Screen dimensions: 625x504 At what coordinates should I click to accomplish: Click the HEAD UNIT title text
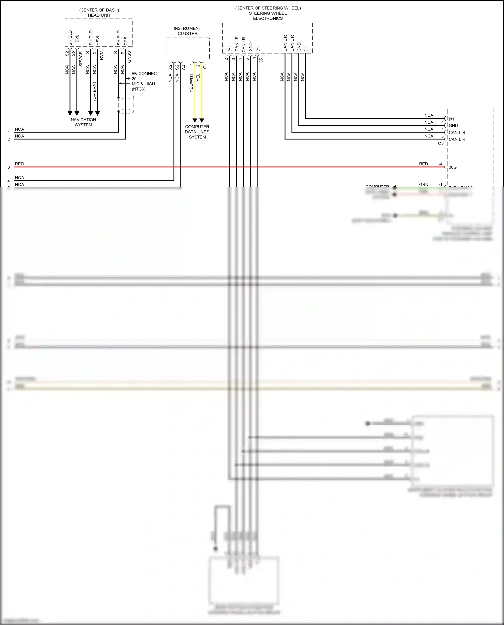tap(99, 15)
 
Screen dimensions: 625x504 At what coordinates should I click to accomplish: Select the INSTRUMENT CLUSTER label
tap(187, 31)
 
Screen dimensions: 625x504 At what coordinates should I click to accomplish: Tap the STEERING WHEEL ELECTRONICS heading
tap(268, 16)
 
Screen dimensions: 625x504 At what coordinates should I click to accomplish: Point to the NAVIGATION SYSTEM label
tap(83, 122)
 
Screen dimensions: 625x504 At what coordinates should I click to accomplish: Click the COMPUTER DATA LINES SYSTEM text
tap(197, 132)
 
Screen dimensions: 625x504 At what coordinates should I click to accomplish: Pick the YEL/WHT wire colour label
tap(191, 83)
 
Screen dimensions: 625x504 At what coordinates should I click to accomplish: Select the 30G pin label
tap(453, 167)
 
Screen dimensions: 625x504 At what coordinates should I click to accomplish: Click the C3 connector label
tap(441, 144)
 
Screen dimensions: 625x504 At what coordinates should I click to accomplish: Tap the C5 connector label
tap(261, 61)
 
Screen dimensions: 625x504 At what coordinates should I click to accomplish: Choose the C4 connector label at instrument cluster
tap(184, 68)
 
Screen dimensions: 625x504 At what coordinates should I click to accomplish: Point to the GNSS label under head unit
tap(129, 57)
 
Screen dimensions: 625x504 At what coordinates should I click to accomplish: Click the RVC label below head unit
tap(101, 56)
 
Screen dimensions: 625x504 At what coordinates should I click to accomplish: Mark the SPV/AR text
tap(81, 59)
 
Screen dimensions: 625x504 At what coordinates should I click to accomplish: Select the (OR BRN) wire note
tap(95, 91)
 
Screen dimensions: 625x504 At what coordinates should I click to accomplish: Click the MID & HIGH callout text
tap(143, 84)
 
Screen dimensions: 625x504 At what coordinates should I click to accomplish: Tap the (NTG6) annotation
tap(139, 89)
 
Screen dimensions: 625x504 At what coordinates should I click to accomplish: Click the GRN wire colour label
tap(424, 185)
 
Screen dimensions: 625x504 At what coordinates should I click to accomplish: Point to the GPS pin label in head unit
tap(126, 41)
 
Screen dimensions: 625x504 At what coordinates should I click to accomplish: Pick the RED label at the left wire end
tap(19, 164)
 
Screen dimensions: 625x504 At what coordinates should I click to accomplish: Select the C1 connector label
tap(205, 66)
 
